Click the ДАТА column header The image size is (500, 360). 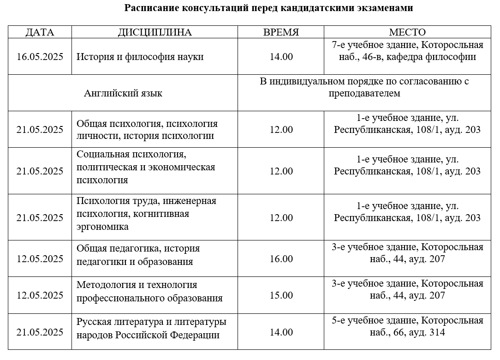(40, 32)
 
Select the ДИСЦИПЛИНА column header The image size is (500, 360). (155, 32)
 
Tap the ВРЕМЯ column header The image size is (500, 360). (281, 32)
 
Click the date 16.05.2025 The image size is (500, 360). (40, 57)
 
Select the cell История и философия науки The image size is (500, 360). (140, 57)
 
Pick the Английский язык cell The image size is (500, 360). (123, 94)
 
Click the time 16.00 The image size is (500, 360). (281, 259)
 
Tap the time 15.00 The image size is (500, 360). (281, 295)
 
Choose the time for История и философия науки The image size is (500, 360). (281, 57)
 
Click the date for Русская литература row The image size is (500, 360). (40, 332)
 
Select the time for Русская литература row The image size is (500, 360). (281, 332)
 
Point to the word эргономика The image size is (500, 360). (102, 227)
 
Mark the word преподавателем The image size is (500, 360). (364, 93)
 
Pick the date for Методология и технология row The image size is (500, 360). (40, 295)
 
